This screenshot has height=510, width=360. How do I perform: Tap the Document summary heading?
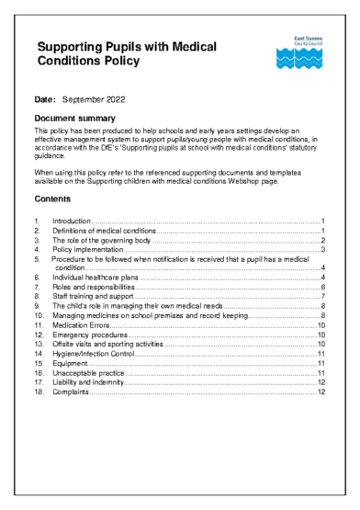(x=74, y=119)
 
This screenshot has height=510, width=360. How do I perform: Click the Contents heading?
(x=51, y=199)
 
